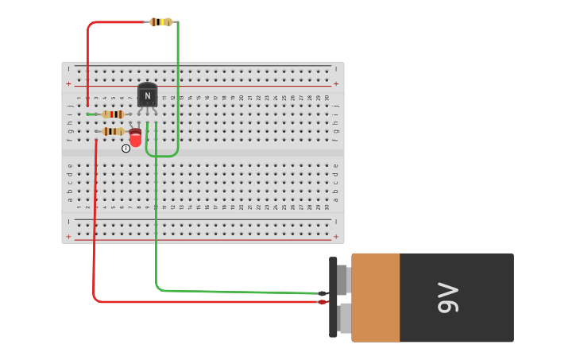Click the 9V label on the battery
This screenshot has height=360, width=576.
point(448,297)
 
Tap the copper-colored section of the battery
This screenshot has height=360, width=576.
point(376,297)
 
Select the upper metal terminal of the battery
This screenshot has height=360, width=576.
point(344,280)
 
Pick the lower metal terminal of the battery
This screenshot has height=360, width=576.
point(344,318)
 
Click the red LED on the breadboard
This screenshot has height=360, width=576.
point(135,138)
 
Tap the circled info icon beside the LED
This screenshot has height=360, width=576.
point(126,149)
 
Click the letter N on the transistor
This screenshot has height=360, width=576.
point(147,95)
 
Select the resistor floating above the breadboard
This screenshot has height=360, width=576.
point(160,21)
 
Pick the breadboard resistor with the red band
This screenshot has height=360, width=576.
point(113,114)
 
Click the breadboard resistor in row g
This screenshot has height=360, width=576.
point(113,131)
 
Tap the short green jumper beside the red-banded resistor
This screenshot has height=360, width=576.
point(91,114)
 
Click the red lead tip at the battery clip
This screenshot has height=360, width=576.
point(322,302)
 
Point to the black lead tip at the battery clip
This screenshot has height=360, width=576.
point(322,293)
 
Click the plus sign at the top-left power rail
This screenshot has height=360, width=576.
point(68,83)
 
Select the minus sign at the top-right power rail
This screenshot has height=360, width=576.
point(335,69)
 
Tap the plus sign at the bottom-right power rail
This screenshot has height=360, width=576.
point(335,236)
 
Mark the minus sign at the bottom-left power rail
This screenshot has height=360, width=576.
point(68,221)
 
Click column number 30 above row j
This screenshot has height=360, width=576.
point(326,98)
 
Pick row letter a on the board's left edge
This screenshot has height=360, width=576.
point(69,199)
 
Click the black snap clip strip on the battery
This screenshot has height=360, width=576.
point(333,297)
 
